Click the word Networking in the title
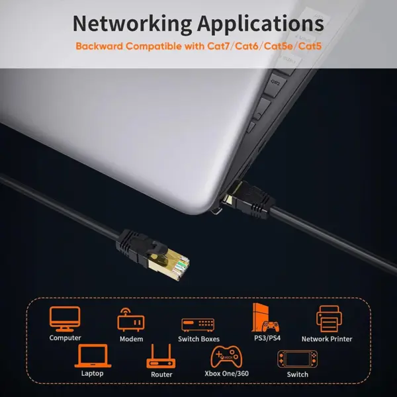click(132, 24)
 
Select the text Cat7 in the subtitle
click(218, 46)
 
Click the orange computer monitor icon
click(65, 319)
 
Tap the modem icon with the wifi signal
click(131, 320)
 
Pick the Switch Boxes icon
click(198, 325)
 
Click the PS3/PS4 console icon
click(265, 318)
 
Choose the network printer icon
click(329, 318)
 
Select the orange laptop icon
click(93, 356)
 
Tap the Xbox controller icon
click(226, 357)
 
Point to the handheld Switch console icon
click(297, 359)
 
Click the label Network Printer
click(327, 339)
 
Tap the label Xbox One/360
click(226, 373)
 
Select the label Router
click(161, 375)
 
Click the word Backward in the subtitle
click(99, 46)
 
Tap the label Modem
click(131, 339)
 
